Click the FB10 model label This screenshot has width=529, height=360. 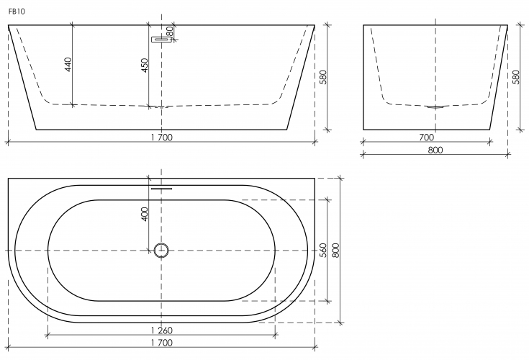(17, 12)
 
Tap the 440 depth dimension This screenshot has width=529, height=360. (68, 65)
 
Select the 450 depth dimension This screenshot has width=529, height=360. (145, 66)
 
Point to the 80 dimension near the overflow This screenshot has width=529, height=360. (170, 32)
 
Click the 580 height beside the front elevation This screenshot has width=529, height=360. (323, 77)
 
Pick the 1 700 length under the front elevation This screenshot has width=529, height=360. (162, 138)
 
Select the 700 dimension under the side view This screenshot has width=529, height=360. (426, 138)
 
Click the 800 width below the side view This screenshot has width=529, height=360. (435, 150)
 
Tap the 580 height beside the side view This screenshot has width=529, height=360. (516, 77)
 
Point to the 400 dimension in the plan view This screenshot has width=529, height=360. (145, 214)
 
